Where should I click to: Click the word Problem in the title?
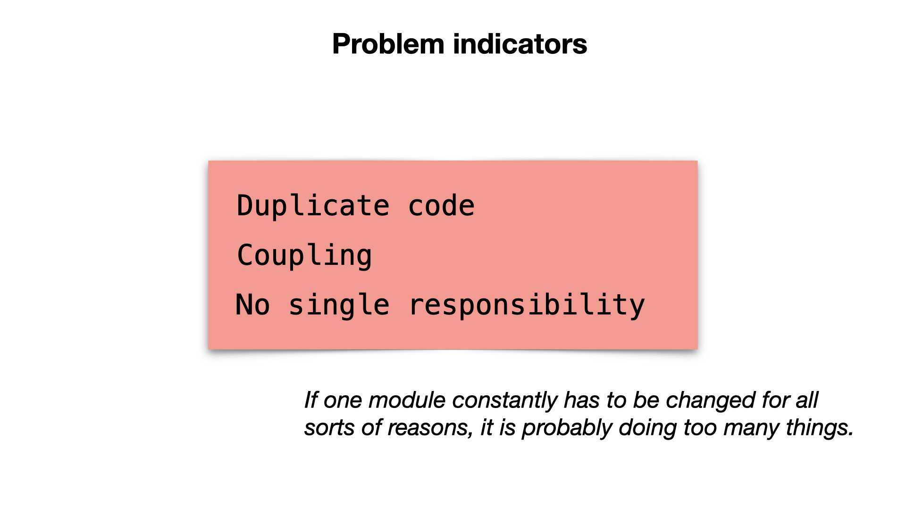[388, 44]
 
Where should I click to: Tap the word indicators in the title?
[520, 44]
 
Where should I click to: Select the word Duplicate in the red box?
[313, 206]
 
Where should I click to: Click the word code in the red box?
[441, 206]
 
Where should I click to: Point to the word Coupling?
[304, 255]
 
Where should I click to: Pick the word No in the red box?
[252, 305]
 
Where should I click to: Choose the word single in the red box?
[339, 305]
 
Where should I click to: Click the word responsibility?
[527, 305]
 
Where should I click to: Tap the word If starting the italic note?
[310, 400]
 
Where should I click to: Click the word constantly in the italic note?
[505, 400]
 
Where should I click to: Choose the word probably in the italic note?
[567, 428]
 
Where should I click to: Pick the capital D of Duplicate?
[245, 206]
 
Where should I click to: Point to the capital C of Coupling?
[246, 255]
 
